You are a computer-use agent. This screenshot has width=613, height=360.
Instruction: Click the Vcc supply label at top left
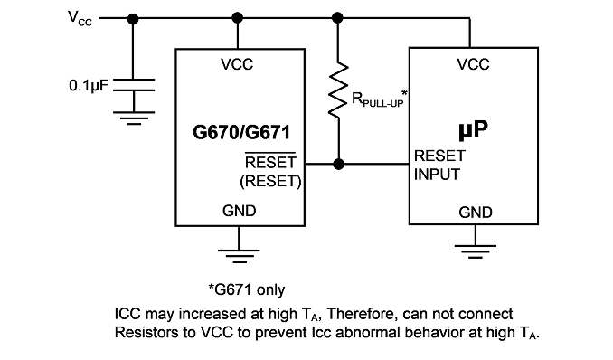pyautogui.click(x=80, y=18)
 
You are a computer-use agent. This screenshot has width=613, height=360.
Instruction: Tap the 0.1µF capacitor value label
pyautogui.click(x=89, y=85)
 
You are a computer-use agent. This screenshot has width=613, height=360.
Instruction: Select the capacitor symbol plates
pyautogui.click(x=134, y=85)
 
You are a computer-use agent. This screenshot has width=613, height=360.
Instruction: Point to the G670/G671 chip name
pyautogui.click(x=241, y=132)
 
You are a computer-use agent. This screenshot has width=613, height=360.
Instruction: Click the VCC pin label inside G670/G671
pyautogui.click(x=237, y=64)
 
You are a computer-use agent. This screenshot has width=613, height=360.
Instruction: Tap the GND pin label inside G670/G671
pyautogui.click(x=240, y=211)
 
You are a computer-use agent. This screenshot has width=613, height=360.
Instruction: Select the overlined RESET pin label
pyautogui.click(x=270, y=161)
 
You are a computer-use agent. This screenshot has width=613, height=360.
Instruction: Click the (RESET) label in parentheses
pyautogui.click(x=270, y=181)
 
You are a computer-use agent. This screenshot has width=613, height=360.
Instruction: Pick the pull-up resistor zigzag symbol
pyautogui.click(x=338, y=90)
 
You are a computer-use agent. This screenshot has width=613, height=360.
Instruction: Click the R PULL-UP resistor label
pyautogui.click(x=380, y=99)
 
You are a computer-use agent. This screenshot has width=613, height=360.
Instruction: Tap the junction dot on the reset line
pyautogui.click(x=338, y=164)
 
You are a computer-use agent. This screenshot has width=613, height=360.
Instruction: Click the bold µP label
pyautogui.click(x=474, y=129)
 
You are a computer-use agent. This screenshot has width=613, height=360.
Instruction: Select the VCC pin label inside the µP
pyautogui.click(x=473, y=64)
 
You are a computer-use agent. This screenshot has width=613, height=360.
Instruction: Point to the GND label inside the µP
pyautogui.click(x=476, y=213)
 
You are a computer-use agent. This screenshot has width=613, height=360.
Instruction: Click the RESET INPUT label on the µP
pyautogui.click(x=439, y=166)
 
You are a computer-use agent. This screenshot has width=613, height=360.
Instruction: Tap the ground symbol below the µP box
pyautogui.click(x=476, y=251)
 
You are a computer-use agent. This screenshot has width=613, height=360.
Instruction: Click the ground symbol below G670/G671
pyautogui.click(x=239, y=256)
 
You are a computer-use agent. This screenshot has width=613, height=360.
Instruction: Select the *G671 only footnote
pyautogui.click(x=247, y=290)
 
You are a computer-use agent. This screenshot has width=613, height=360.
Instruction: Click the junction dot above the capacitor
pyautogui.click(x=133, y=18)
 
